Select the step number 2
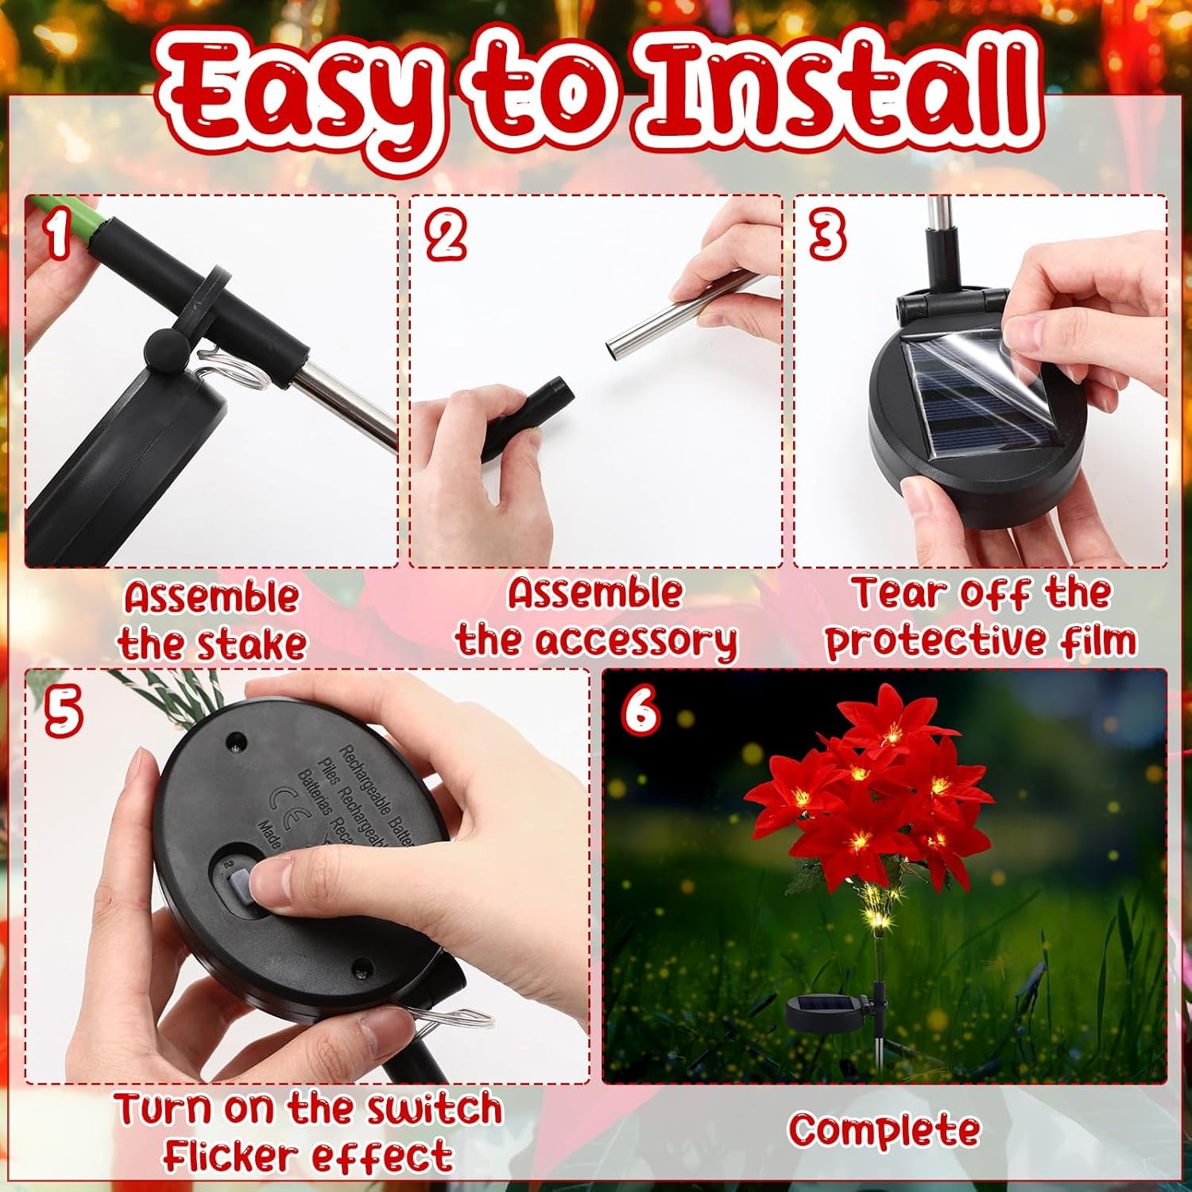445,236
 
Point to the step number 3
826,236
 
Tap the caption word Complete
884,1130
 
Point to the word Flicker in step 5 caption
230,1156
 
